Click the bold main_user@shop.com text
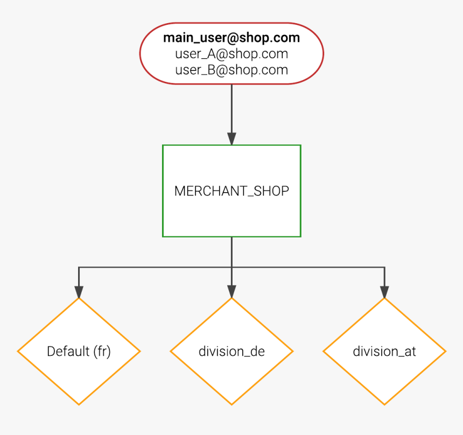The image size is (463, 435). point(231,38)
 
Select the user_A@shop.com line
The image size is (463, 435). point(231,54)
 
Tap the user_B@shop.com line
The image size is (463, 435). point(231,70)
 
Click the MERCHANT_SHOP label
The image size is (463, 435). point(231,191)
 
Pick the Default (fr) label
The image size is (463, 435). point(79,352)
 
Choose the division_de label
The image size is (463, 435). point(231,352)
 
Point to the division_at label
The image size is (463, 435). point(384,352)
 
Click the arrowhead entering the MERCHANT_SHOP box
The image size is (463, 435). point(231,138)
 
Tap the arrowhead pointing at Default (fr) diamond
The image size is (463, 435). point(79,291)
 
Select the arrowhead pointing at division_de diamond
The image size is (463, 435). point(231,291)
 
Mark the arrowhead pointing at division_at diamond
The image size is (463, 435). point(384,291)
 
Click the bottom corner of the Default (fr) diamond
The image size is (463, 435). point(79,404)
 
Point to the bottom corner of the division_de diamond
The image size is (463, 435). point(231,404)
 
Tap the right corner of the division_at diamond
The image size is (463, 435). point(445,352)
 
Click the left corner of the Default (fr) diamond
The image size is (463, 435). point(18,352)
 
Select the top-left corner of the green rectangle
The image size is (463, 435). point(163,145)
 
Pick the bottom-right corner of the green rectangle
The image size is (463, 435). point(300,236)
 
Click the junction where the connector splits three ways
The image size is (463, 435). point(231,267)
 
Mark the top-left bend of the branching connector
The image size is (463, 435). point(79,267)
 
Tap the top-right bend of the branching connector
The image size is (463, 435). point(384,267)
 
